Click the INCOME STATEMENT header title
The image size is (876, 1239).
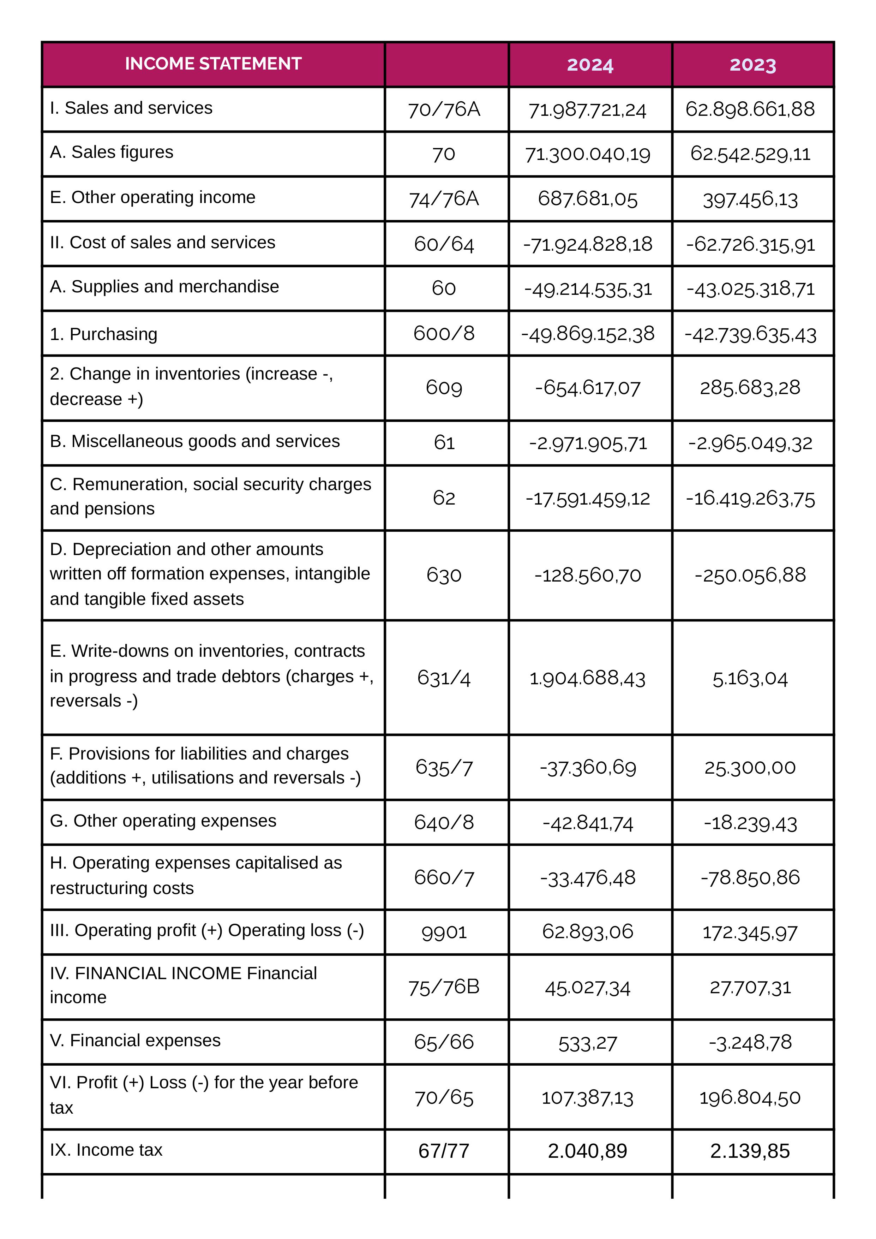pyautogui.click(x=213, y=64)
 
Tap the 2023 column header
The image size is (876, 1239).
pyautogui.click(x=752, y=65)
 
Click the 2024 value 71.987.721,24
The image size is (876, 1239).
pyautogui.click(x=587, y=109)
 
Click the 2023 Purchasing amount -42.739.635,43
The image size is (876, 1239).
pyautogui.click(x=750, y=334)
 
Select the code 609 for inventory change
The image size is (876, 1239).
pyautogui.click(x=444, y=387)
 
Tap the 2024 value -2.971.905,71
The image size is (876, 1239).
pyautogui.click(x=587, y=443)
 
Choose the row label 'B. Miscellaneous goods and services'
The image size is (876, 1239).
pyautogui.click(x=195, y=441)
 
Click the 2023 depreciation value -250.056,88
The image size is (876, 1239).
pyautogui.click(x=750, y=575)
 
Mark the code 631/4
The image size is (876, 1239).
pyautogui.click(x=444, y=678)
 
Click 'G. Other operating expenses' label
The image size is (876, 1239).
pyautogui.click(x=163, y=821)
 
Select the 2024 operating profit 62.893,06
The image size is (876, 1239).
pyautogui.click(x=587, y=931)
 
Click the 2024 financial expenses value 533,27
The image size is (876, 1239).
pyautogui.click(x=587, y=1043)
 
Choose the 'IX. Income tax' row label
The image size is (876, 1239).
pyautogui.click(x=106, y=1150)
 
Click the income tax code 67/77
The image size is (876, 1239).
pyautogui.click(x=444, y=1151)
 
